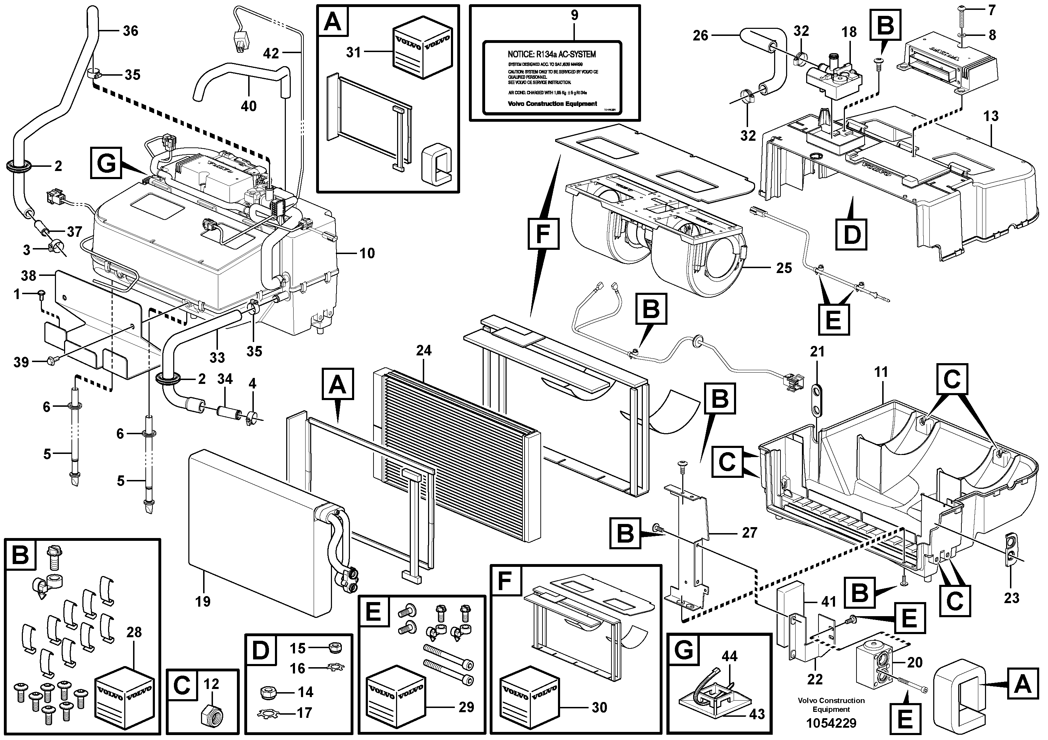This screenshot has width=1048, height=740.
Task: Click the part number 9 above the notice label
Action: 574,15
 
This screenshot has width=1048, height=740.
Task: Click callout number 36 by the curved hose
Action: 130,31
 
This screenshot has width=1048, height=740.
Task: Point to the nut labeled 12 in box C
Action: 211,712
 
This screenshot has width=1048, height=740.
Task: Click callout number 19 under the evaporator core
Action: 203,601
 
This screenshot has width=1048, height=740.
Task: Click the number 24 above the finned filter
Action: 423,350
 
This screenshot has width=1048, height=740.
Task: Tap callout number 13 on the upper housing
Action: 991,116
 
